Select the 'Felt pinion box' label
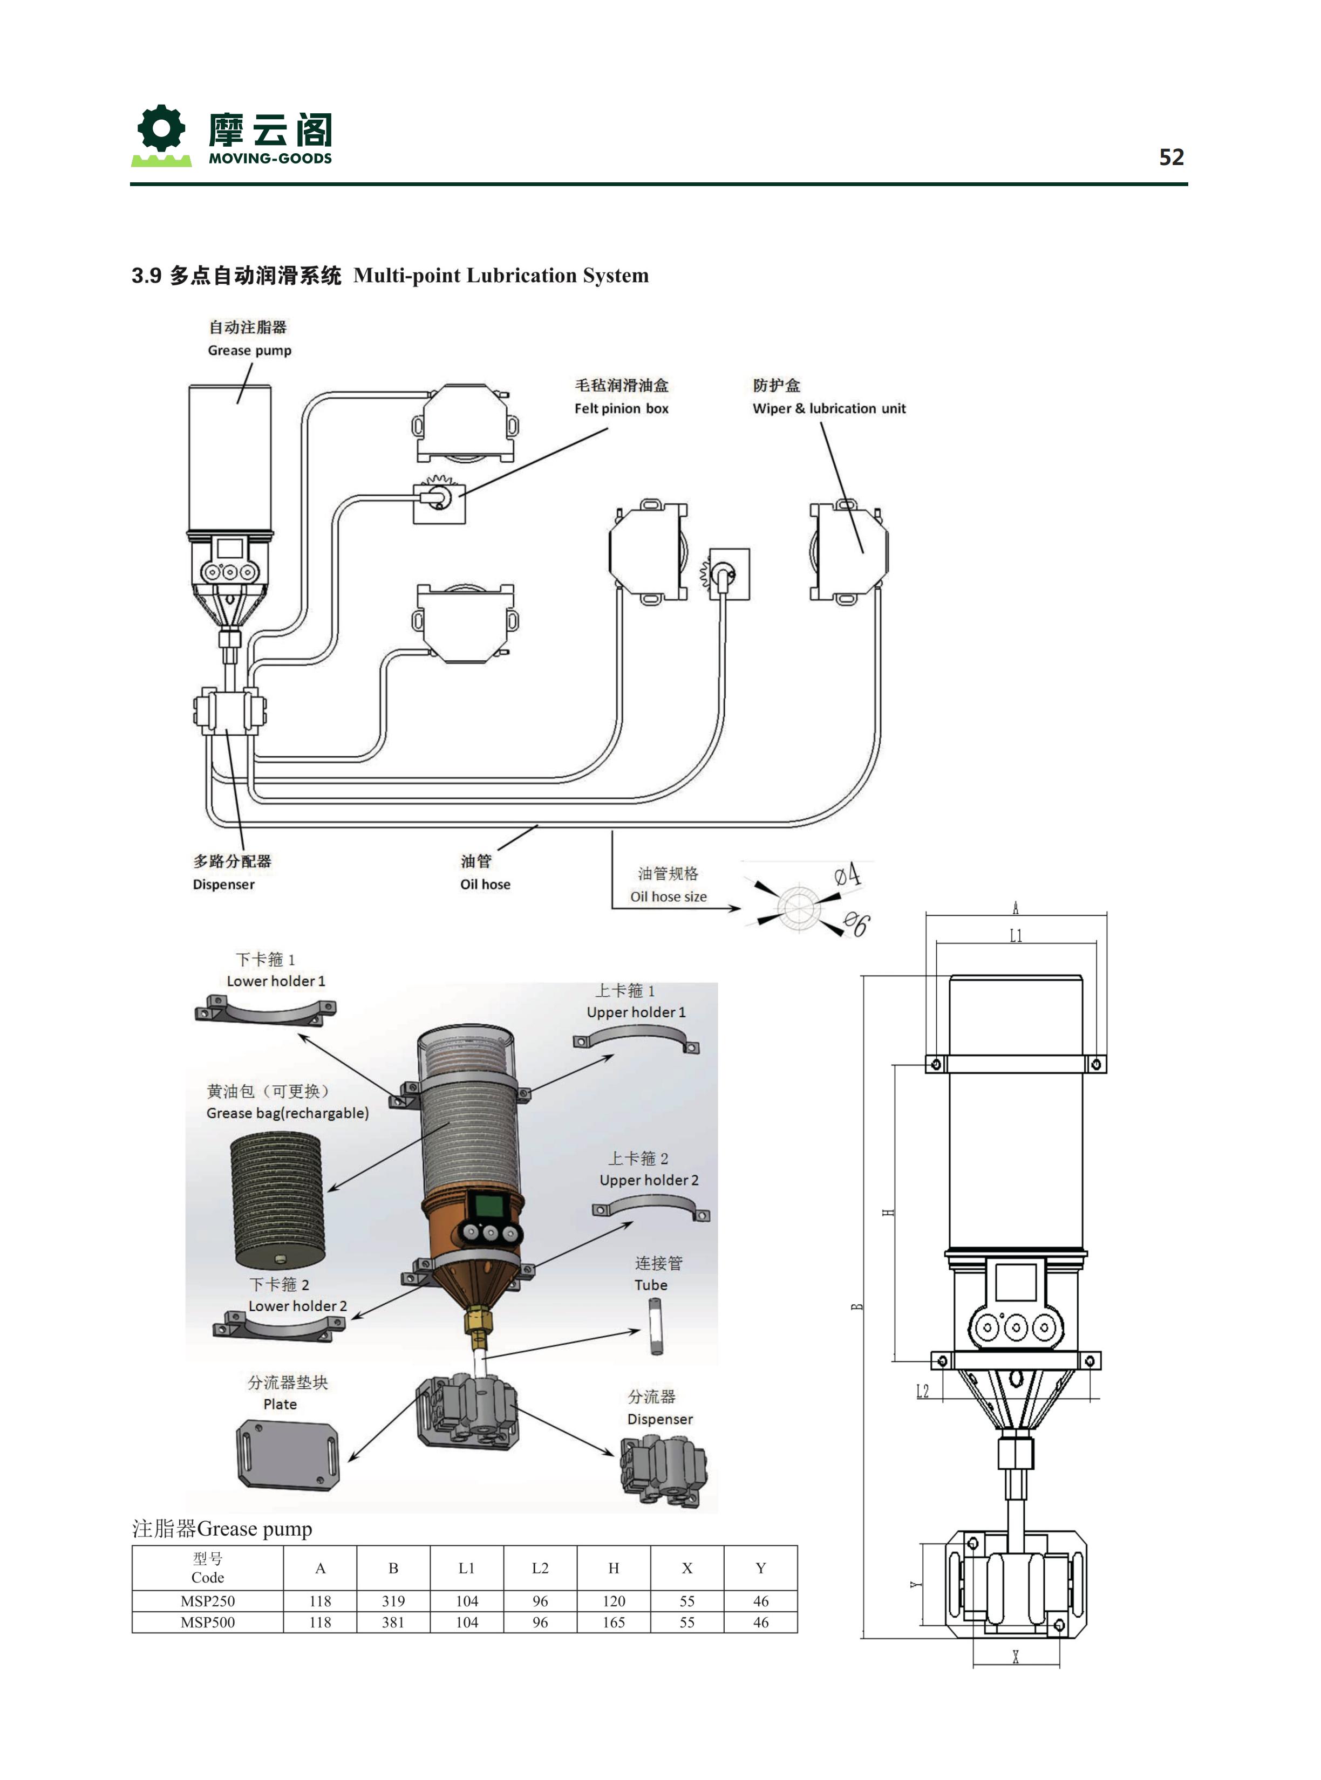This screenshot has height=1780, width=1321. [x=621, y=408]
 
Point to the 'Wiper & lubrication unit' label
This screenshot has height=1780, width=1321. [x=829, y=408]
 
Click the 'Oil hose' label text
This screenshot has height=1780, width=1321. [x=485, y=884]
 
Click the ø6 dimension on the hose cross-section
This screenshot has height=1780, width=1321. [x=856, y=924]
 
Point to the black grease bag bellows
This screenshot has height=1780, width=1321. [x=277, y=1199]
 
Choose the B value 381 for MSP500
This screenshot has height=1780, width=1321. [x=393, y=1622]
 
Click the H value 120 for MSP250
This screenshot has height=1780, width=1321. [x=614, y=1601]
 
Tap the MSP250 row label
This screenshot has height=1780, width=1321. [x=207, y=1601]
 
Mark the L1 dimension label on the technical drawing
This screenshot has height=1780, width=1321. [x=1016, y=935]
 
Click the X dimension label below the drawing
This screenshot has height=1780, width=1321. [x=1016, y=1657]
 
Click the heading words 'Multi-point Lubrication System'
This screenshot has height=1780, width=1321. [x=501, y=276]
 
